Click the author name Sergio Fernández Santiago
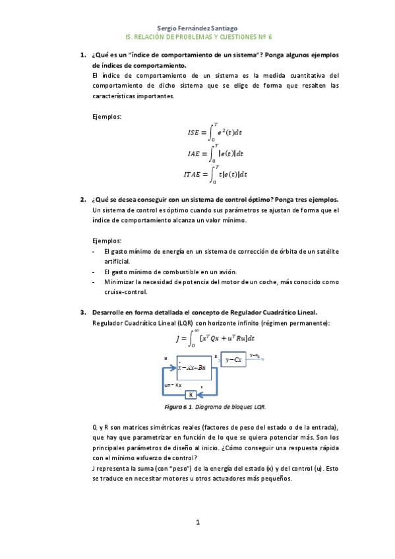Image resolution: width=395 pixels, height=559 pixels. pos(198,28)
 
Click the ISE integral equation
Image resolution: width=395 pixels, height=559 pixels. pos(216,132)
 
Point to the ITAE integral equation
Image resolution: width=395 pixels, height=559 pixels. pos(215,174)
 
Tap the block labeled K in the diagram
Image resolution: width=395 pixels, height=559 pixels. pos(191,395)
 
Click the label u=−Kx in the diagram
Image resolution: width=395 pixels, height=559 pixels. pos(173,384)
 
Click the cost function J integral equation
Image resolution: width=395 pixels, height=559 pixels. pos(215,339)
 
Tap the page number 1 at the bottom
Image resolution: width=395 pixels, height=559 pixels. pos(197,523)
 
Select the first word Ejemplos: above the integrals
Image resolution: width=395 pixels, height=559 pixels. pos(107,117)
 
